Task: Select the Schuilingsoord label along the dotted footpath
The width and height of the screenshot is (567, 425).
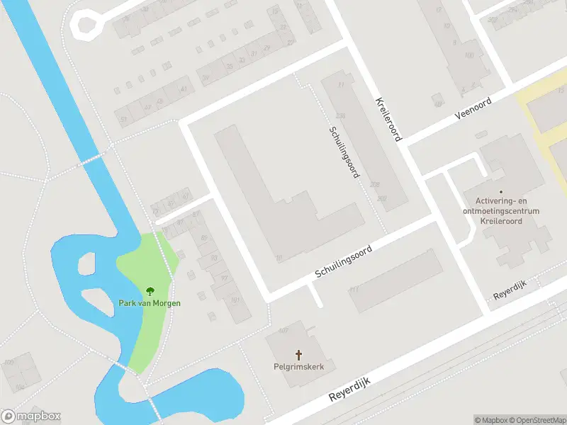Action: [x=342, y=152]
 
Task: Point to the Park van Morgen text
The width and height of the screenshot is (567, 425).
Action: [x=150, y=303]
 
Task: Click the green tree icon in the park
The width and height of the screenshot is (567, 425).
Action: [x=150, y=291]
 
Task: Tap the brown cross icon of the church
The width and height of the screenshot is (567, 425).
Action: [x=298, y=354]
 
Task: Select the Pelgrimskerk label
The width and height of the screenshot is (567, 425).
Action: [x=298, y=366]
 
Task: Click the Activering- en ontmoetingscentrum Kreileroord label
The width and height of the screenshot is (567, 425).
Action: [x=501, y=211]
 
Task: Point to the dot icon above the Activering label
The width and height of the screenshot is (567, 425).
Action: [x=501, y=191]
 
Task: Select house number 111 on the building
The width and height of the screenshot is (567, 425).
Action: [x=354, y=290]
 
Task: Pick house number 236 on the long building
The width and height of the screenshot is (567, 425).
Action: [x=340, y=115]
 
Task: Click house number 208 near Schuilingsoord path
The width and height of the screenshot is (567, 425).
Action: [x=374, y=184]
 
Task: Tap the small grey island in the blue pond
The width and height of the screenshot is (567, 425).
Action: [x=86, y=263]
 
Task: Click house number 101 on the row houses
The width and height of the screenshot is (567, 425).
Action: [x=235, y=300]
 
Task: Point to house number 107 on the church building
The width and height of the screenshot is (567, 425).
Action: [x=283, y=331]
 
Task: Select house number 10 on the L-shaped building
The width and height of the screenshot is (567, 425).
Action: [x=279, y=258]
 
